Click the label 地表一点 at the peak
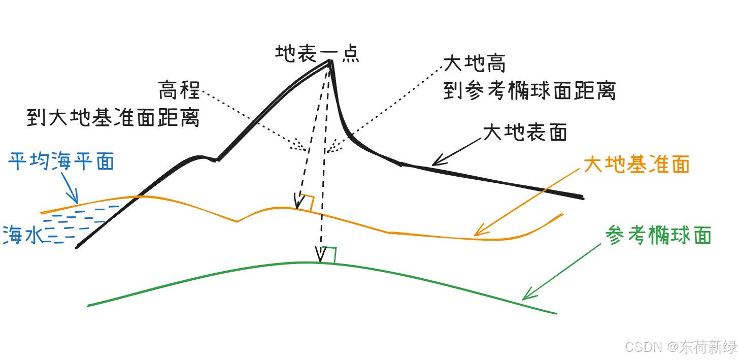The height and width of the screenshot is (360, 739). (x=317, y=53)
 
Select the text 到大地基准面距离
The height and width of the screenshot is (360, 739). (x=113, y=118)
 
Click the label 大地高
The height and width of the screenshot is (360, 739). (x=475, y=64)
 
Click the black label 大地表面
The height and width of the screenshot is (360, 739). (x=525, y=133)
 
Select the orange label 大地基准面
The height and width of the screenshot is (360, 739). (x=636, y=164)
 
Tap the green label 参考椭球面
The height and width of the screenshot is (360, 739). (x=658, y=236)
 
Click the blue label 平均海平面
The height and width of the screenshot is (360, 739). (x=61, y=161)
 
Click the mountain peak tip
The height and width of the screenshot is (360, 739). (x=330, y=61)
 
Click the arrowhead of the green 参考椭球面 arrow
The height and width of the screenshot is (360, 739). (x=528, y=295)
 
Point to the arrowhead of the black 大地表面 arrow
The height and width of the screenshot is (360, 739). (x=436, y=161)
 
